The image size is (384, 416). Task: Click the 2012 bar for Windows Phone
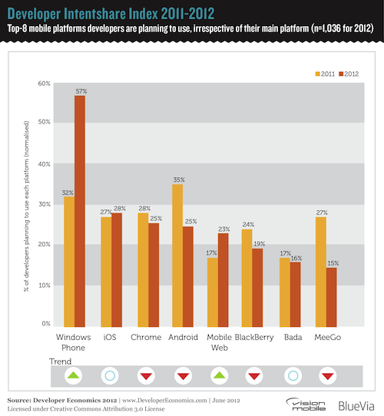point(79,210)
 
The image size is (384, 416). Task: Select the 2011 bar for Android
point(177,254)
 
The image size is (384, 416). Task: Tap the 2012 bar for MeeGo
point(332,295)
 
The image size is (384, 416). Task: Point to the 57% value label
point(80,91)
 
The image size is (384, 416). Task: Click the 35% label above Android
point(177,179)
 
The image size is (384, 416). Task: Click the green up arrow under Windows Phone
point(74,376)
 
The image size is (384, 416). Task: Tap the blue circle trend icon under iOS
point(111,376)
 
